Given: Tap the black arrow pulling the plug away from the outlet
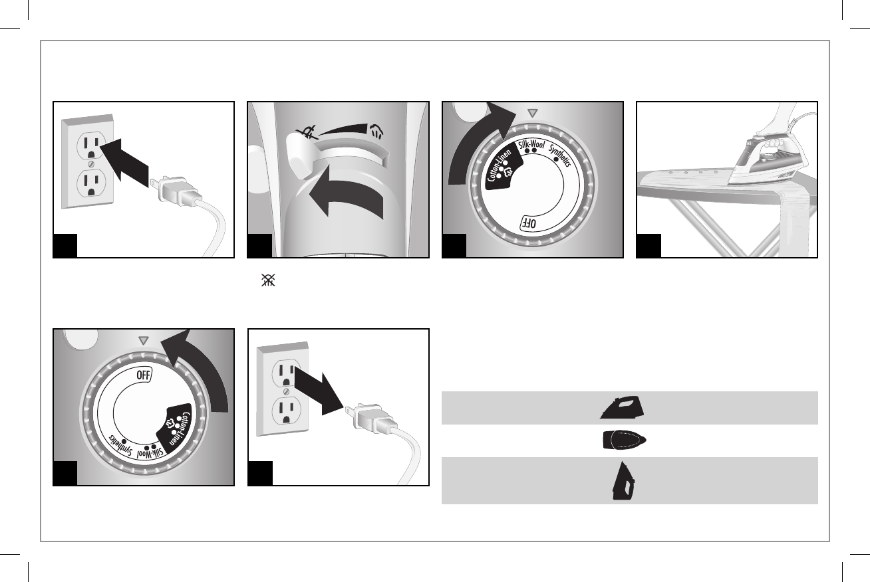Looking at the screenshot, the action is pos(319,394).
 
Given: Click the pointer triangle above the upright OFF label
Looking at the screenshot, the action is pos(142,340).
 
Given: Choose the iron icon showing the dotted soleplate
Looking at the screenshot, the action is pos(624,440).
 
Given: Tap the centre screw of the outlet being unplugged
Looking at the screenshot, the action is pos(285,393).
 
